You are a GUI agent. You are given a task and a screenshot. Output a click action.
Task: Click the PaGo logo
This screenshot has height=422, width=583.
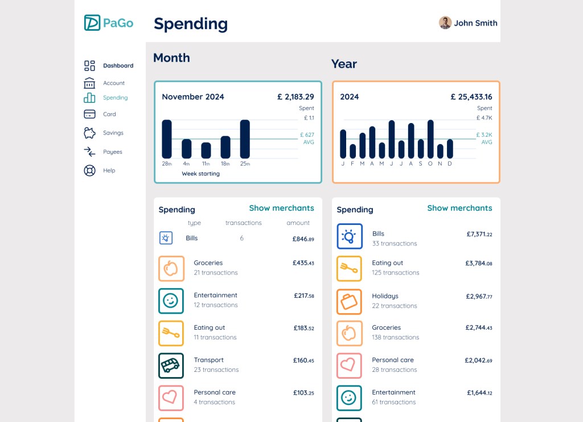(x=109, y=23)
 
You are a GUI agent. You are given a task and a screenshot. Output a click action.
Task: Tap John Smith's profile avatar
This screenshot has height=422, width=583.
(x=445, y=23)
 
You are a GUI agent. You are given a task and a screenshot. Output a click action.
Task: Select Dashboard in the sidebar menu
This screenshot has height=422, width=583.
(x=118, y=65)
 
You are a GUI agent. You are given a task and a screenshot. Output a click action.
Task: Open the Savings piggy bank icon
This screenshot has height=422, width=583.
(x=89, y=133)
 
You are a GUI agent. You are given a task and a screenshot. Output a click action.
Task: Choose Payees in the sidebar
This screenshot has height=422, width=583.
(x=112, y=152)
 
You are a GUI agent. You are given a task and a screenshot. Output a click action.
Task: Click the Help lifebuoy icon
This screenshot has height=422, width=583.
(x=89, y=170)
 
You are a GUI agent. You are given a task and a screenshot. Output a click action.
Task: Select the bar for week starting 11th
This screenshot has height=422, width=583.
(x=206, y=150)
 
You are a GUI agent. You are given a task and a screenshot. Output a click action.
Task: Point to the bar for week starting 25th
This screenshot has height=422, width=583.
(x=245, y=139)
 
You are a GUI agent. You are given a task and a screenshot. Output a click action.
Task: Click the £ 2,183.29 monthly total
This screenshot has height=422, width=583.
(x=295, y=97)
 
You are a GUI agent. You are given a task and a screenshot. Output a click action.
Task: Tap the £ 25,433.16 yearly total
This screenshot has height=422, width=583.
(x=471, y=97)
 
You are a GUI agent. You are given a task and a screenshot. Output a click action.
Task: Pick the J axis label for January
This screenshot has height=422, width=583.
(x=343, y=163)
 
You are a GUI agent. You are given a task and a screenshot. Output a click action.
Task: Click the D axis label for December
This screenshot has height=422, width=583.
(x=450, y=163)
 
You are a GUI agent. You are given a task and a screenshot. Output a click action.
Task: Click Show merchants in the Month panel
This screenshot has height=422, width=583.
(x=281, y=208)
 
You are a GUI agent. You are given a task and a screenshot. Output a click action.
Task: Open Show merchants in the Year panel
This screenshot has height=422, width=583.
(x=459, y=208)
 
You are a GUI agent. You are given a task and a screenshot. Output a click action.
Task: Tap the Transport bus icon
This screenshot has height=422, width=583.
(x=171, y=366)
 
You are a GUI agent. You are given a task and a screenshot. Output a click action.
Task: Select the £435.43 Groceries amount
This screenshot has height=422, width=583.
(x=303, y=263)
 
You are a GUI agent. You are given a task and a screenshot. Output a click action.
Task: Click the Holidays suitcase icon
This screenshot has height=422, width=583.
(x=349, y=301)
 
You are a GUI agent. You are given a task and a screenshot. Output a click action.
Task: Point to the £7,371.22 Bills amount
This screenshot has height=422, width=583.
(x=478, y=234)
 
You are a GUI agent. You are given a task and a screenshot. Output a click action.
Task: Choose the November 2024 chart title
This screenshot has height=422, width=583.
(x=193, y=97)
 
